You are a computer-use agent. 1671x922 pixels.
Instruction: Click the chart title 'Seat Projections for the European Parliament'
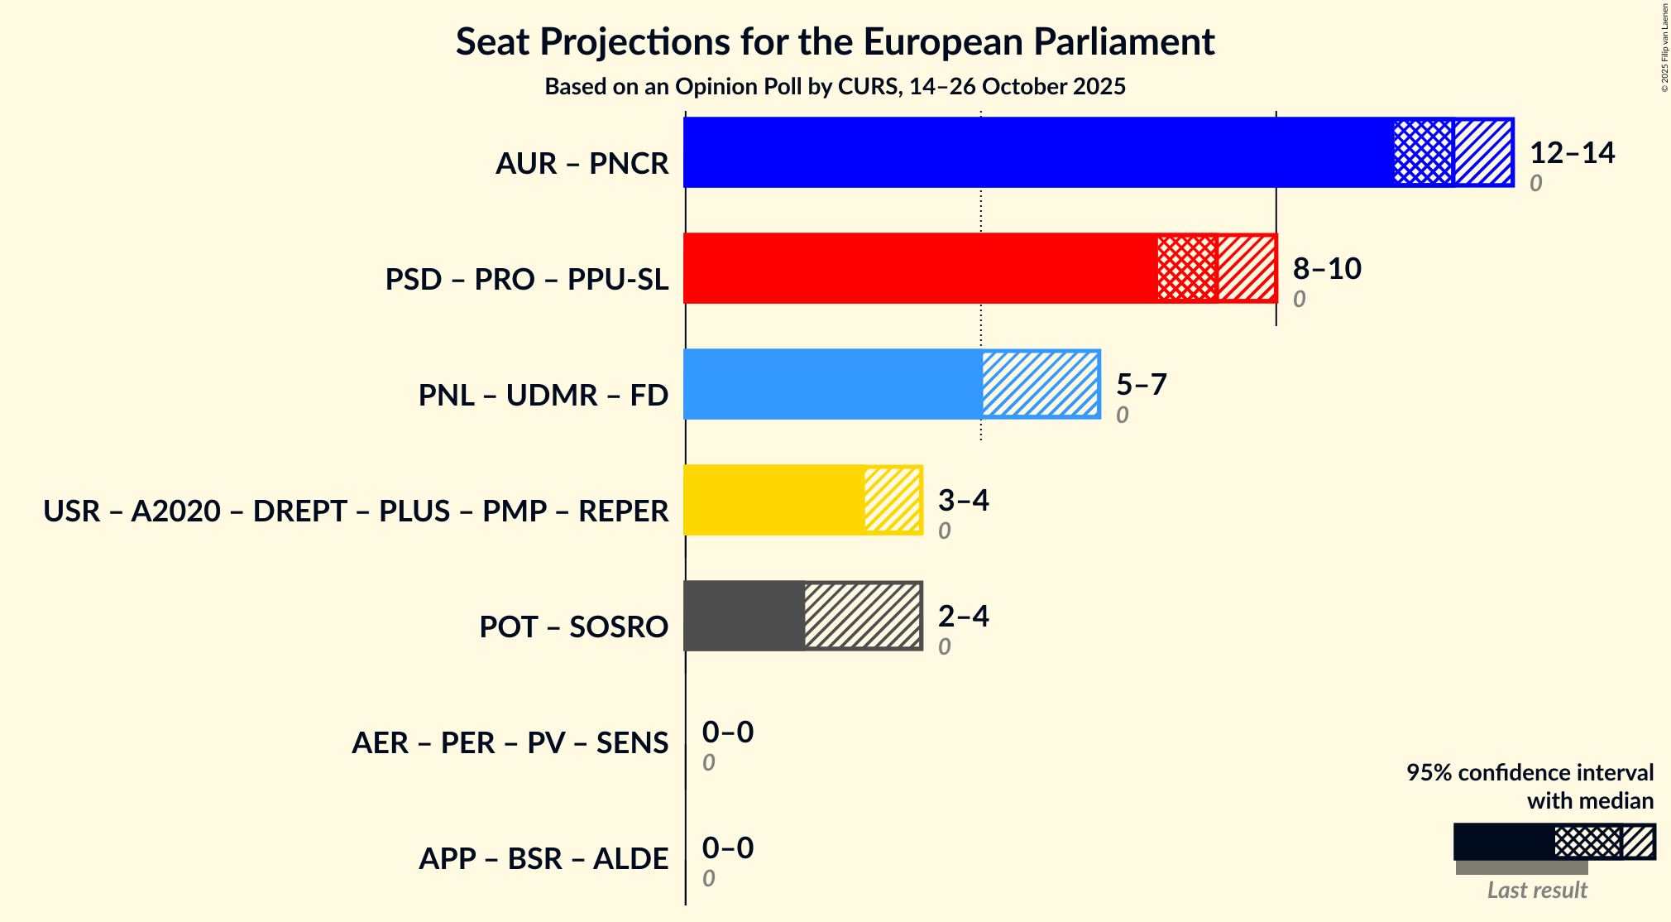[x=835, y=41]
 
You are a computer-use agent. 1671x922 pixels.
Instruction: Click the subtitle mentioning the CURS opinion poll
[x=835, y=87]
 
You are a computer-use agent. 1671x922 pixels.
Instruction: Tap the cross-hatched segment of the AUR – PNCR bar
[x=1424, y=152]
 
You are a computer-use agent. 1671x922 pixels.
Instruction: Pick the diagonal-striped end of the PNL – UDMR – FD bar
[x=1041, y=384]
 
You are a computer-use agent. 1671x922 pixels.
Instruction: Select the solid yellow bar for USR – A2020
[x=774, y=500]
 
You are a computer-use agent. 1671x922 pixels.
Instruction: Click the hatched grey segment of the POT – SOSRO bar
[x=863, y=616]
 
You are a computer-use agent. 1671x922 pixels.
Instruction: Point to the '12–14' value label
[x=1572, y=153]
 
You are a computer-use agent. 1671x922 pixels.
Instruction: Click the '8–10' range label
[x=1327, y=269]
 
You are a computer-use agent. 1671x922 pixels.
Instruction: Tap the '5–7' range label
[x=1141, y=385]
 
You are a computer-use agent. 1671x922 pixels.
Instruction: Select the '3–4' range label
[x=963, y=501]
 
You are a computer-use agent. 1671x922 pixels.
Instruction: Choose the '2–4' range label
[x=963, y=617]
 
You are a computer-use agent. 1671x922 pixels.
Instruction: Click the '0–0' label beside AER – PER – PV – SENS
[x=728, y=732]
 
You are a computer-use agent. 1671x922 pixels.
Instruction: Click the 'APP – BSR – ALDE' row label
[x=543, y=859]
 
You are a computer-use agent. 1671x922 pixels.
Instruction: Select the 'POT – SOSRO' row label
[x=573, y=627]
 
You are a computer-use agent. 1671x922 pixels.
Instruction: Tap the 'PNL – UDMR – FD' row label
[x=543, y=396]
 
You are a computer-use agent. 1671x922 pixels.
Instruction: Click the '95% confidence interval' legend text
[x=1530, y=773]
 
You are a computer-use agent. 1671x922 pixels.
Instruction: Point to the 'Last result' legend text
[x=1537, y=891]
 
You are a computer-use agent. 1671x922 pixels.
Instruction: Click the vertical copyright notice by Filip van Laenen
[x=1664, y=48]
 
